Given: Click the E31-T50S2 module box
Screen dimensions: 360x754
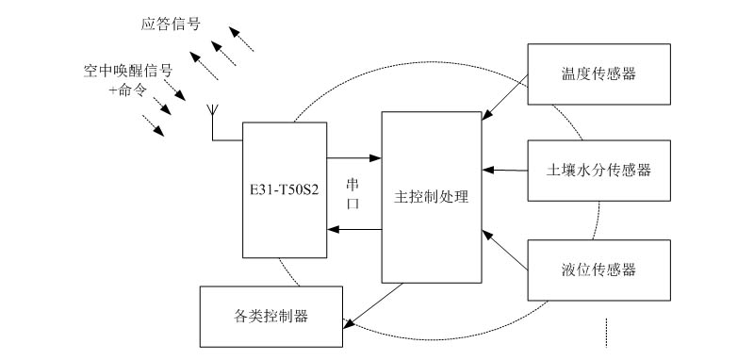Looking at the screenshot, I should (x=284, y=217).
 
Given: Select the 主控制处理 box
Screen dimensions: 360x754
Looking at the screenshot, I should (x=431, y=236).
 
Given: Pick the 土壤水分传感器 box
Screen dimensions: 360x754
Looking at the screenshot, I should (x=600, y=171).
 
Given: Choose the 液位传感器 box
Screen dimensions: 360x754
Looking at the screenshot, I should (x=600, y=270).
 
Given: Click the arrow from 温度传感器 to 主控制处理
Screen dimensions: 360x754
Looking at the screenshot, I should (x=505, y=100).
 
